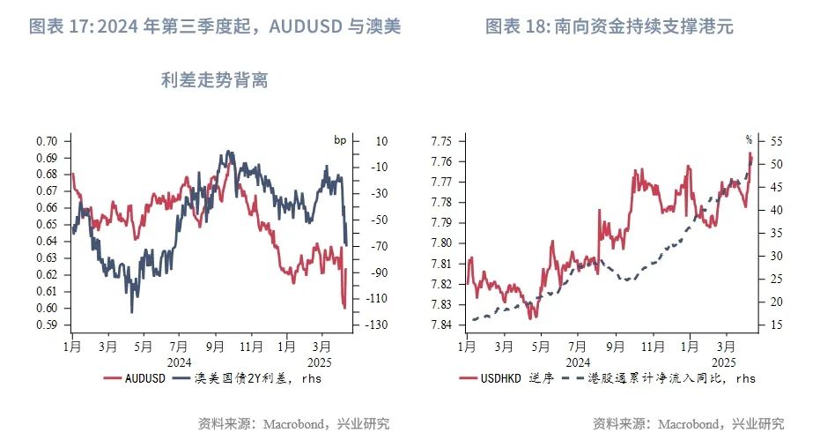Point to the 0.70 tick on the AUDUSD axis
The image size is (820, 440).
(x=47, y=141)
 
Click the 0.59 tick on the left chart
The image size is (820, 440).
(x=47, y=324)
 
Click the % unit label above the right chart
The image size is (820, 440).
(x=750, y=139)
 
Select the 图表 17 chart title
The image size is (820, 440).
(x=216, y=27)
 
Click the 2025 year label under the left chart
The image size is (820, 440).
(x=321, y=362)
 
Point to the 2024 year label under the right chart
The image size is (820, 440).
(x=578, y=362)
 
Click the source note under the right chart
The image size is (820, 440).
(x=688, y=423)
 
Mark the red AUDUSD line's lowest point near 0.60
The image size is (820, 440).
(x=344, y=308)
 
